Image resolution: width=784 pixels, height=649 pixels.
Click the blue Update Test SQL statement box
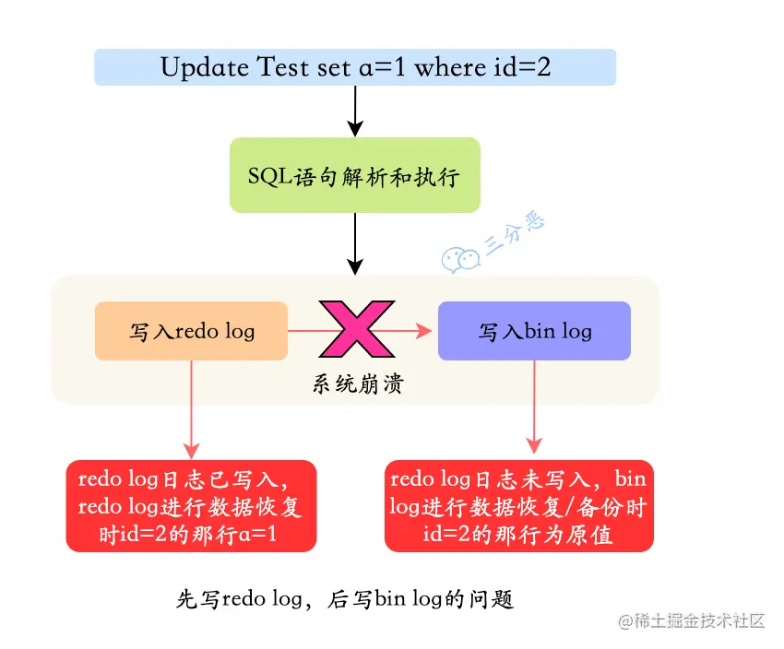pos(355,67)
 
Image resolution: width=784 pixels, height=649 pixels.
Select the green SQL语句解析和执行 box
pos(355,175)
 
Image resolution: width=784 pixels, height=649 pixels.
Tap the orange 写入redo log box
pos(192,331)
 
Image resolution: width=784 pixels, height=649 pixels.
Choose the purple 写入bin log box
pos(534,331)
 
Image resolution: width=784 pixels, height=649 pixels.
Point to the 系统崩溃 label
pos(358,384)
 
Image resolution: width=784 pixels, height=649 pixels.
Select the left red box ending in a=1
pos(192,506)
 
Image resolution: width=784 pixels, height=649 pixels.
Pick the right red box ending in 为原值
pos(518,506)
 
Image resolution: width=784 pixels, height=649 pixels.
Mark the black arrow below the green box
pos(355,242)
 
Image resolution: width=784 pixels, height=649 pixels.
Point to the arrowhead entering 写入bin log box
pos(426,330)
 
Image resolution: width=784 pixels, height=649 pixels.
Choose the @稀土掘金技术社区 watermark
pos(692,620)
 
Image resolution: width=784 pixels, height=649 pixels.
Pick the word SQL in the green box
pos(268,175)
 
